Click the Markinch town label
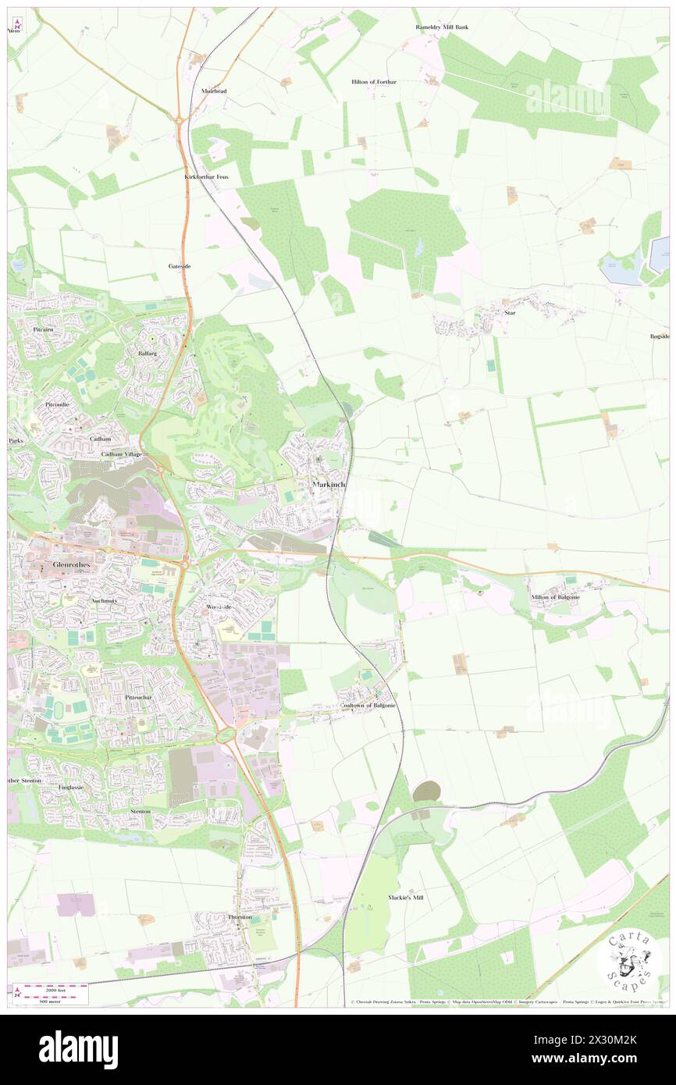coord(329,485)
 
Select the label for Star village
coord(511,313)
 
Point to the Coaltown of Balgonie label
coord(369,706)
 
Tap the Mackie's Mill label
coord(406,898)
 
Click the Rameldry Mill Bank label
coord(442,27)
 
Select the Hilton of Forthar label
coord(374,82)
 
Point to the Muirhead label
coord(213,91)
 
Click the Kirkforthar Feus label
coord(207,177)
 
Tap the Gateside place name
coord(180,266)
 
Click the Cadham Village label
coord(122,454)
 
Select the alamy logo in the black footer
coord(78,1049)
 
